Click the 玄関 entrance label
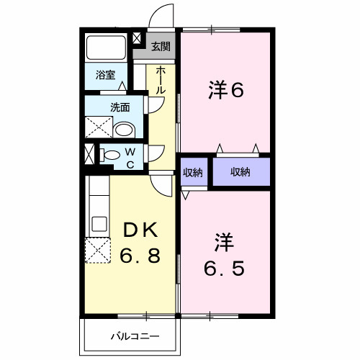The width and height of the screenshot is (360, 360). click(x=161, y=48)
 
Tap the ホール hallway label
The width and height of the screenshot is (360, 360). click(x=160, y=79)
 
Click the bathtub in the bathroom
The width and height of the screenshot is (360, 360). click(x=107, y=48)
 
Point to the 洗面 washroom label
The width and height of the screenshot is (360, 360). click(x=120, y=107)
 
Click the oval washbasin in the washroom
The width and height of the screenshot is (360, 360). click(x=125, y=130)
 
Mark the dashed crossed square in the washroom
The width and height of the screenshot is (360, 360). click(x=99, y=129)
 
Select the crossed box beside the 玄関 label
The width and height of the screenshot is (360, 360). click(x=140, y=42)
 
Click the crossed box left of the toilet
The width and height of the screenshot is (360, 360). click(x=89, y=154)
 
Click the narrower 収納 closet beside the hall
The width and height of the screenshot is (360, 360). click(x=192, y=172)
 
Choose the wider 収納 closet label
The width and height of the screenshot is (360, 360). click(x=240, y=172)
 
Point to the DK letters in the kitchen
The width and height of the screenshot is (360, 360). click(x=140, y=230)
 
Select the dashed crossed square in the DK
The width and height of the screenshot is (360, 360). click(x=97, y=251)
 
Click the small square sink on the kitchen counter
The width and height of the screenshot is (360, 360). click(x=99, y=222)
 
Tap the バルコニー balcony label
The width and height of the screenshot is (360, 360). click(x=135, y=336)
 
